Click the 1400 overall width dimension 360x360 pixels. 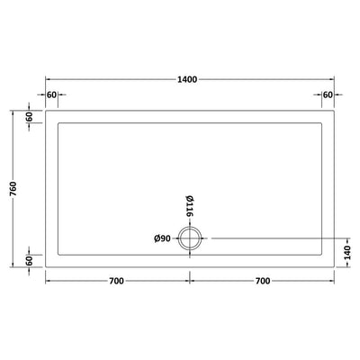(x=187, y=79)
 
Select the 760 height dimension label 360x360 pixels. (x=14, y=189)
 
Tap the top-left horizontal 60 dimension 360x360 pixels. (x=51, y=94)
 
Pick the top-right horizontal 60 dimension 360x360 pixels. (x=328, y=94)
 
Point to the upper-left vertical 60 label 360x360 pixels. (x=29, y=117)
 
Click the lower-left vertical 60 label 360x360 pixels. (x=29, y=261)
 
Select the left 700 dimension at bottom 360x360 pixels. (x=116, y=281)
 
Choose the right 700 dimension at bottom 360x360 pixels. (x=263, y=281)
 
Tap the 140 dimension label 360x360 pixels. (x=347, y=253)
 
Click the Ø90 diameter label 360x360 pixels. (x=162, y=238)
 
